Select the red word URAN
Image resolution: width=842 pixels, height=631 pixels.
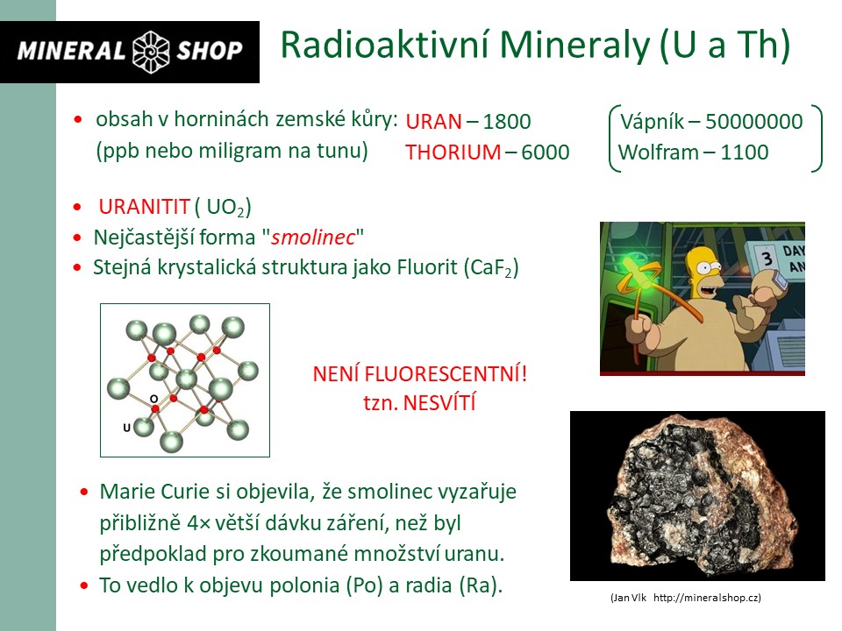(x=433, y=122)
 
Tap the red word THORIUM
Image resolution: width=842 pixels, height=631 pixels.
(x=453, y=152)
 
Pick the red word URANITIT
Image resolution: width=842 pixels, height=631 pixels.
(x=145, y=207)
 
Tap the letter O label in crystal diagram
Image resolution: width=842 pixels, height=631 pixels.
(x=153, y=399)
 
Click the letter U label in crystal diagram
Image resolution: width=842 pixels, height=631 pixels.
(x=126, y=428)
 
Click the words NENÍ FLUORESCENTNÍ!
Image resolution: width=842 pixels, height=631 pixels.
(x=420, y=376)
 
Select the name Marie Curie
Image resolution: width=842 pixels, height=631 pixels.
(x=147, y=492)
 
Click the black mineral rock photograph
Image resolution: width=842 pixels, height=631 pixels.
(x=697, y=495)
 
